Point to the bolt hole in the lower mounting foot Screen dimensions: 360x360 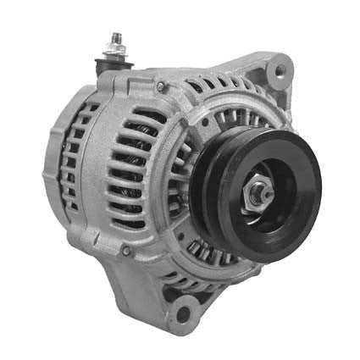coord(181,316)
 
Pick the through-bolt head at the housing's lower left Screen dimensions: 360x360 coord(126,251)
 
